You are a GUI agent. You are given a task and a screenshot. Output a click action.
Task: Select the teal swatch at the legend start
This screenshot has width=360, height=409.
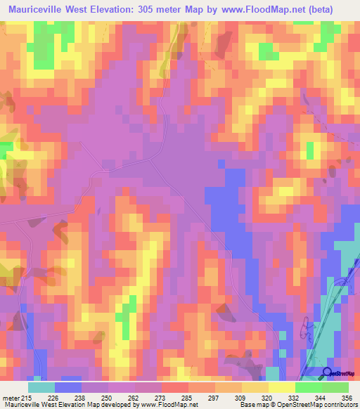41,387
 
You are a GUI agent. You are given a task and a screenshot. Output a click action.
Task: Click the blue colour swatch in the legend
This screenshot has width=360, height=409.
68,387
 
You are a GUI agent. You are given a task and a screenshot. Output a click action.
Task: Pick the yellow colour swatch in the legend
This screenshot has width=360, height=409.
282,387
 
